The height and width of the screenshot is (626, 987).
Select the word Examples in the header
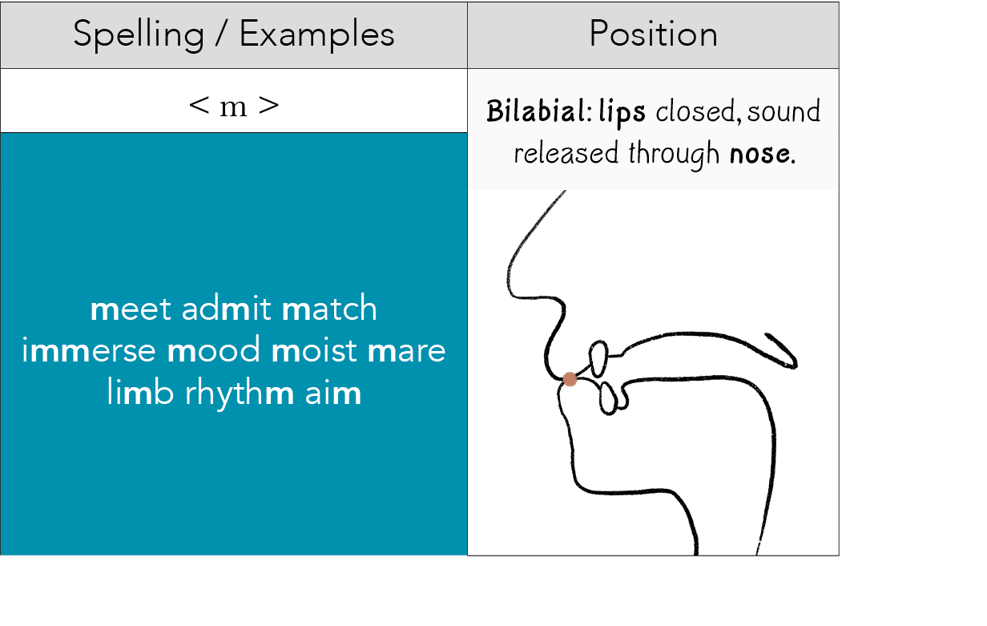coord(317,34)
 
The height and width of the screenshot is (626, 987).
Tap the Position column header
coord(653,34)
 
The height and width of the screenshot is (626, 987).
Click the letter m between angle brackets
coord(234,106)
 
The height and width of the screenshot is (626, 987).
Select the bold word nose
coord(762,152)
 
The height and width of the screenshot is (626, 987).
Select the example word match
coord(329,309)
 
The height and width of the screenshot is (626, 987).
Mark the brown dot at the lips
coord(570,379)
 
